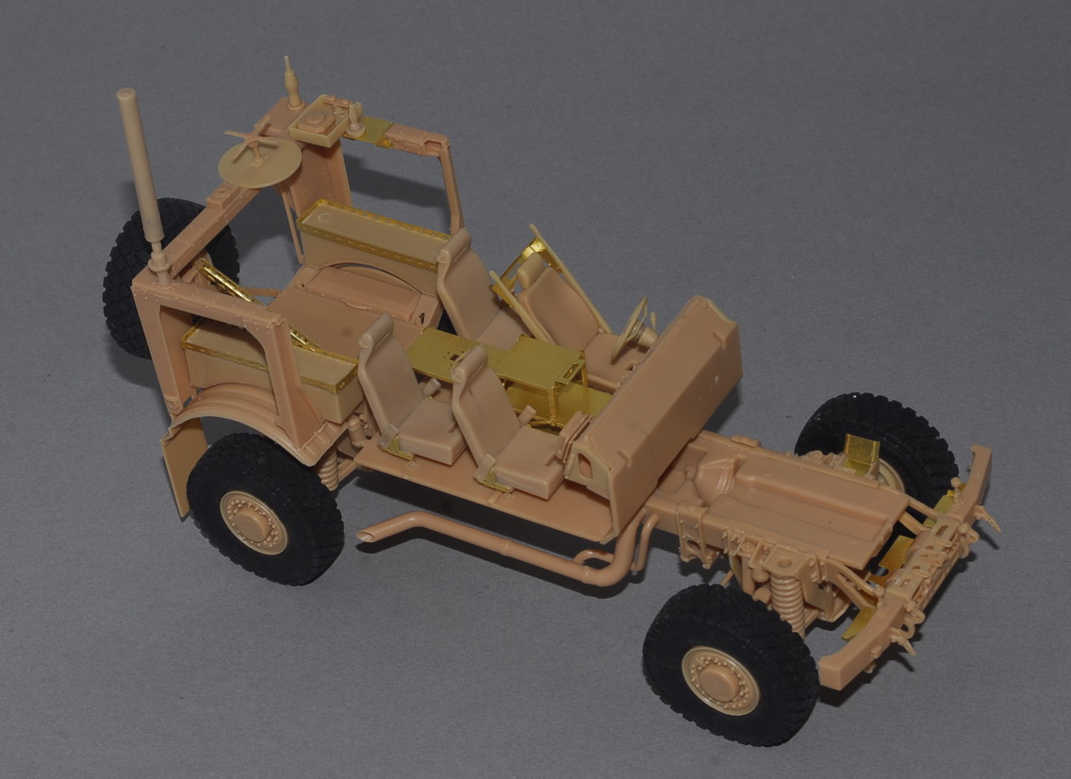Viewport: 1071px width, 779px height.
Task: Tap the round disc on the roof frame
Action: click(x=258, y=161)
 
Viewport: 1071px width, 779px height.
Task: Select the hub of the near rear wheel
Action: click(x=253, y=522)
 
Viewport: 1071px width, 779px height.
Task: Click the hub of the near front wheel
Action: click(x=720, y=679)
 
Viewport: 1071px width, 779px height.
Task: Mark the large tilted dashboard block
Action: click(x=660, y=396)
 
